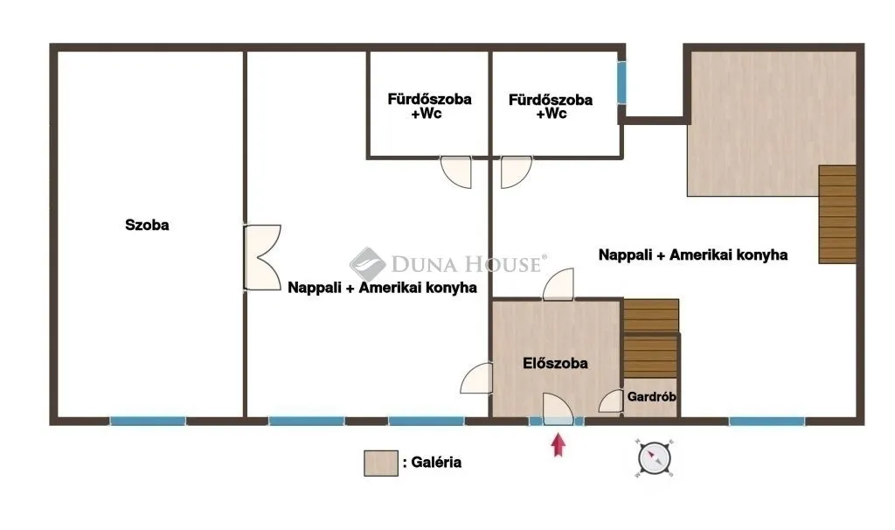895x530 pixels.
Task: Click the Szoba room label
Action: pos(147,225)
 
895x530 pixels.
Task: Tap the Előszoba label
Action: pos(555,363)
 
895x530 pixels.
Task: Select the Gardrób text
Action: pos(651,396)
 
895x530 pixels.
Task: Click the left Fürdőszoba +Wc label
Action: pos(429,106)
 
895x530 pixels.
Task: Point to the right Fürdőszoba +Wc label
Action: pos(550,106)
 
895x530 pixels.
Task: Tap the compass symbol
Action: pos(654,457)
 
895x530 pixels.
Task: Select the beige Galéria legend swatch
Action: pos(375,463)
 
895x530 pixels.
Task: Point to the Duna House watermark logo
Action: pos(368,263)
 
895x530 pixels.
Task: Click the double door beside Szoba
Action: pos(261,257)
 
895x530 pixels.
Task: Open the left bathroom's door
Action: pos(455,171)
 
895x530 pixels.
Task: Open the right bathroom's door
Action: pos(516,171)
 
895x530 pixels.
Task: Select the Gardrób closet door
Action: pos(610,401)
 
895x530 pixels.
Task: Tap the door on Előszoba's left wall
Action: pos(476,378)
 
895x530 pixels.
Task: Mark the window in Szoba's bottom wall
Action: pos(148,421)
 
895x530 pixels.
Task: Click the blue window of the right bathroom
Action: pos(621,82)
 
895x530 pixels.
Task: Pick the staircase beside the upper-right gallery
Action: pos(837,214)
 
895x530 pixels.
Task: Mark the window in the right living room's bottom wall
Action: pos(766,421)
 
